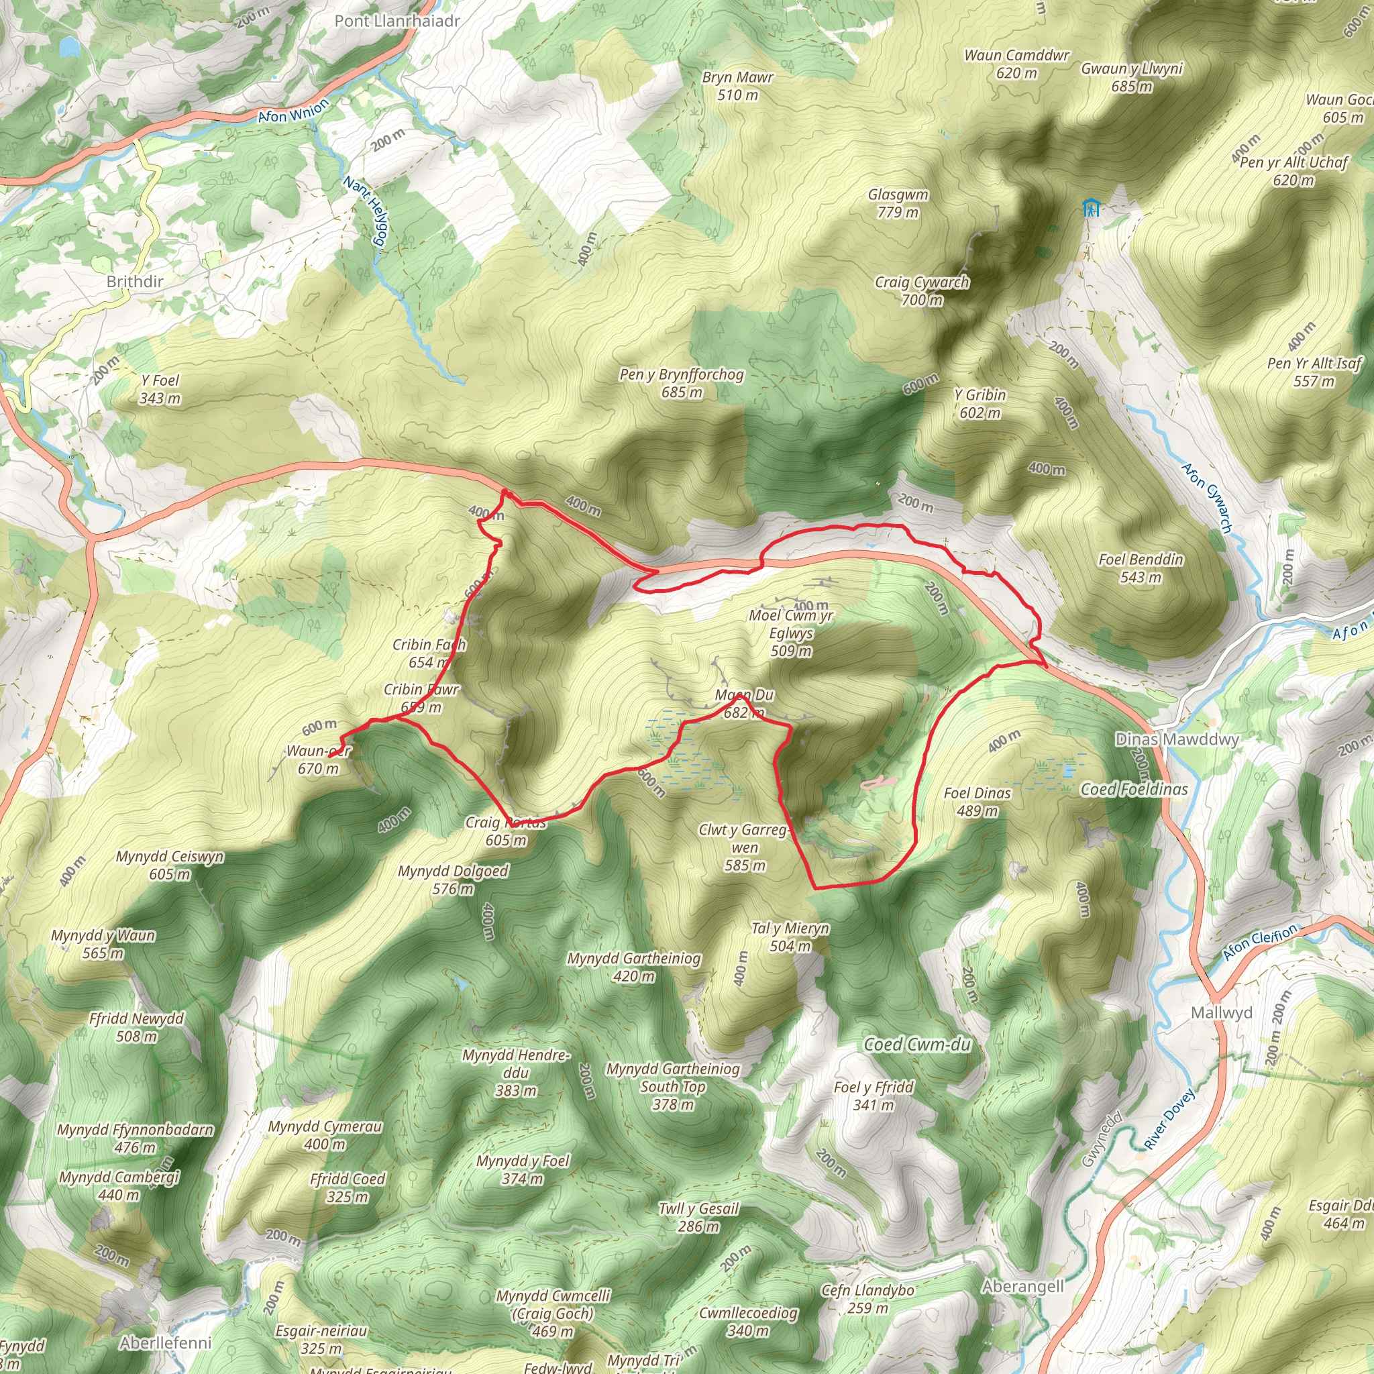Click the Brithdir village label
[x=134, y=282]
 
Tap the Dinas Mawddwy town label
[x=1176, y=739]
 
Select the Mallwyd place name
[x=1221, y=1012]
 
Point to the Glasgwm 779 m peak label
[x=898, y=203]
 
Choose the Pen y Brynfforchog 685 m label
[x=682, y=383]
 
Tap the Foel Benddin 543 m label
[x=1141, y=568]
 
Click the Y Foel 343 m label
[x=160, y=389]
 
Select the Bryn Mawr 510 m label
[x=737, y=86]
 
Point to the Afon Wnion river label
[x=293, y=111]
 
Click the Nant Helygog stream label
[x=367, y=213]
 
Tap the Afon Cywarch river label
[x=1206, y=498]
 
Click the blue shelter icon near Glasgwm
[x=1090, y=208]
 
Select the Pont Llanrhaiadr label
[x=397, y=21]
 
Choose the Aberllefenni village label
[x=165, y=1342]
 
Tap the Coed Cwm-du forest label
[x=916, y=1044]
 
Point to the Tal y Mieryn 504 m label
[x=790, y=937]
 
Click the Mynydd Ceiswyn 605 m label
[x=170, y=865]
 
